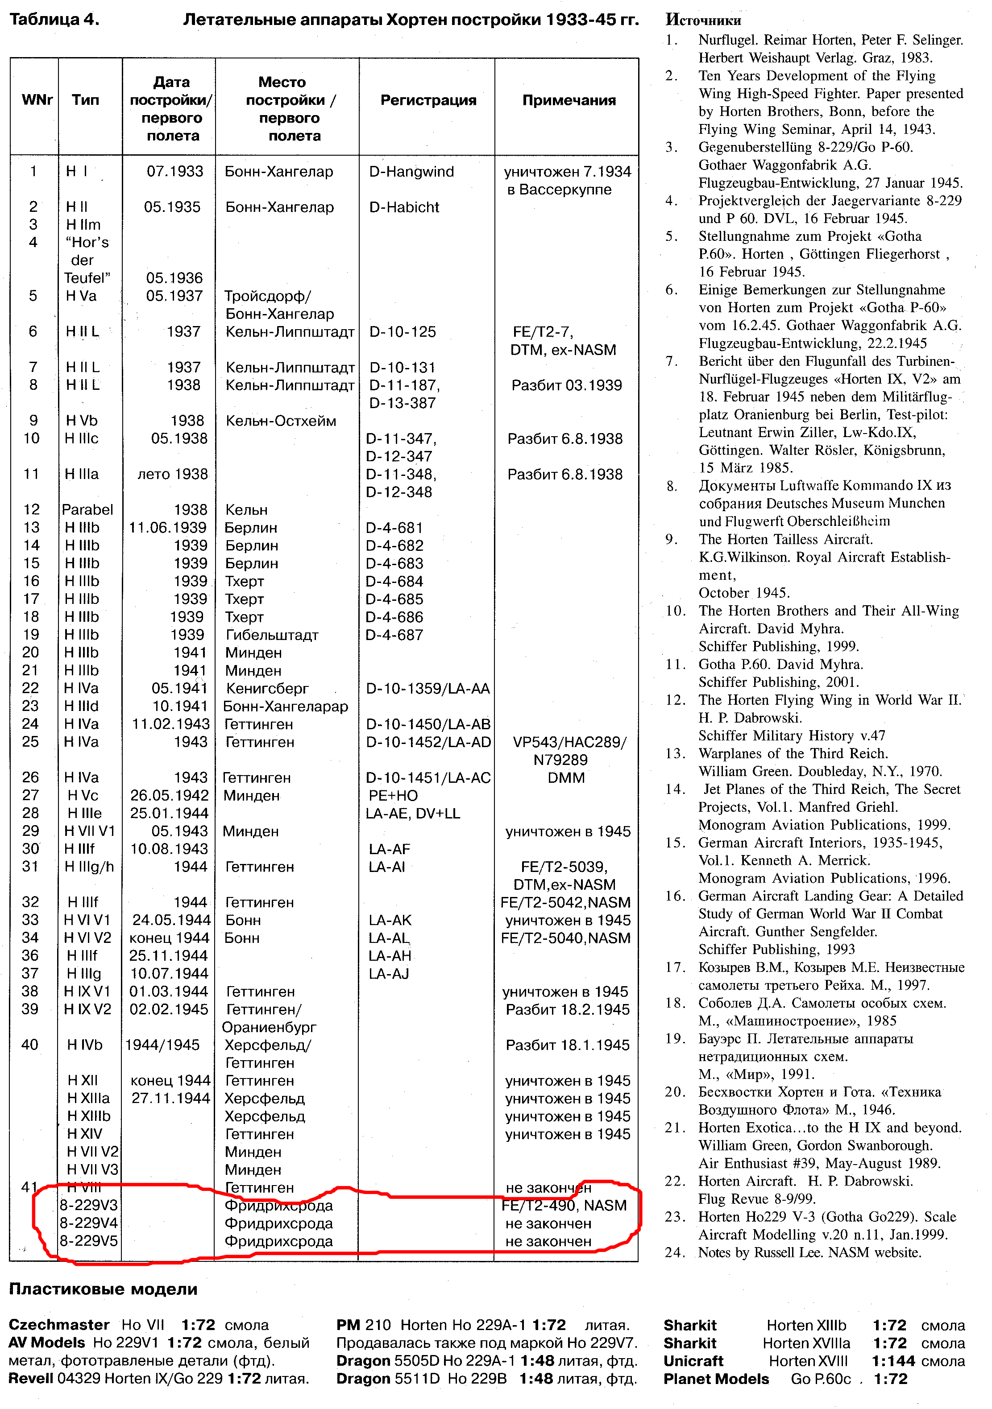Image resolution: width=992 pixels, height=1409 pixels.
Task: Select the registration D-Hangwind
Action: (x=411, y=172)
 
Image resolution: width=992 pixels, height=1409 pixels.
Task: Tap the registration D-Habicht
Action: (x=404, y=207)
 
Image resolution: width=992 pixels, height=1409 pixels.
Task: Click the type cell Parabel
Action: (x=87, y=509)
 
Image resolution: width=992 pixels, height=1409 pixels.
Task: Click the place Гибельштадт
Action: (x=272, y=635)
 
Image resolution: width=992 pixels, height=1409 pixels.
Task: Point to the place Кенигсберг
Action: (x=267, y=689)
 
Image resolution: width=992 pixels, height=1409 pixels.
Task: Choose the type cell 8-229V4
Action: (x=88, y=1223)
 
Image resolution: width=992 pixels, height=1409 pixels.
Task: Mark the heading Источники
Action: (x=703, y=20)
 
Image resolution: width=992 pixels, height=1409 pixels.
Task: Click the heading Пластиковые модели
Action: (x=103, y=1289)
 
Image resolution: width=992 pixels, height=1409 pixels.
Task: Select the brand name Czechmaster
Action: (x=59, y=1325)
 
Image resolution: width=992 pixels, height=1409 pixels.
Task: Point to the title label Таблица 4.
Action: (x=54, y=20)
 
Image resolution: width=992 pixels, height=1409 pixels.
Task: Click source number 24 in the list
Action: (x=675, y=1252)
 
